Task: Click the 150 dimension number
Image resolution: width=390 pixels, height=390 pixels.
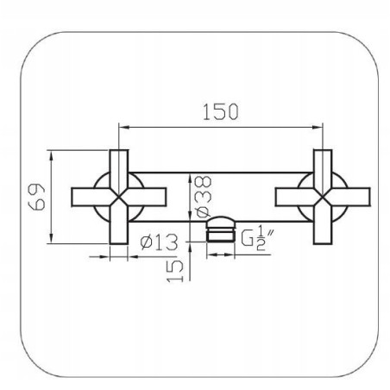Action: click(x=221, y=112)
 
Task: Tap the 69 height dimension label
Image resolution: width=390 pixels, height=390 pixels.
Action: click(x=36, y=197)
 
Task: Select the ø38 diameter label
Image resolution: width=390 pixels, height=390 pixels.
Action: click(x=203, y=197)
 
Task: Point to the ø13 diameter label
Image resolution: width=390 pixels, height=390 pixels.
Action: click(x=159, y=242)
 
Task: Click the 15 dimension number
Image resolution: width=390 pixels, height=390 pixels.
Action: click(x=175, y=271)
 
